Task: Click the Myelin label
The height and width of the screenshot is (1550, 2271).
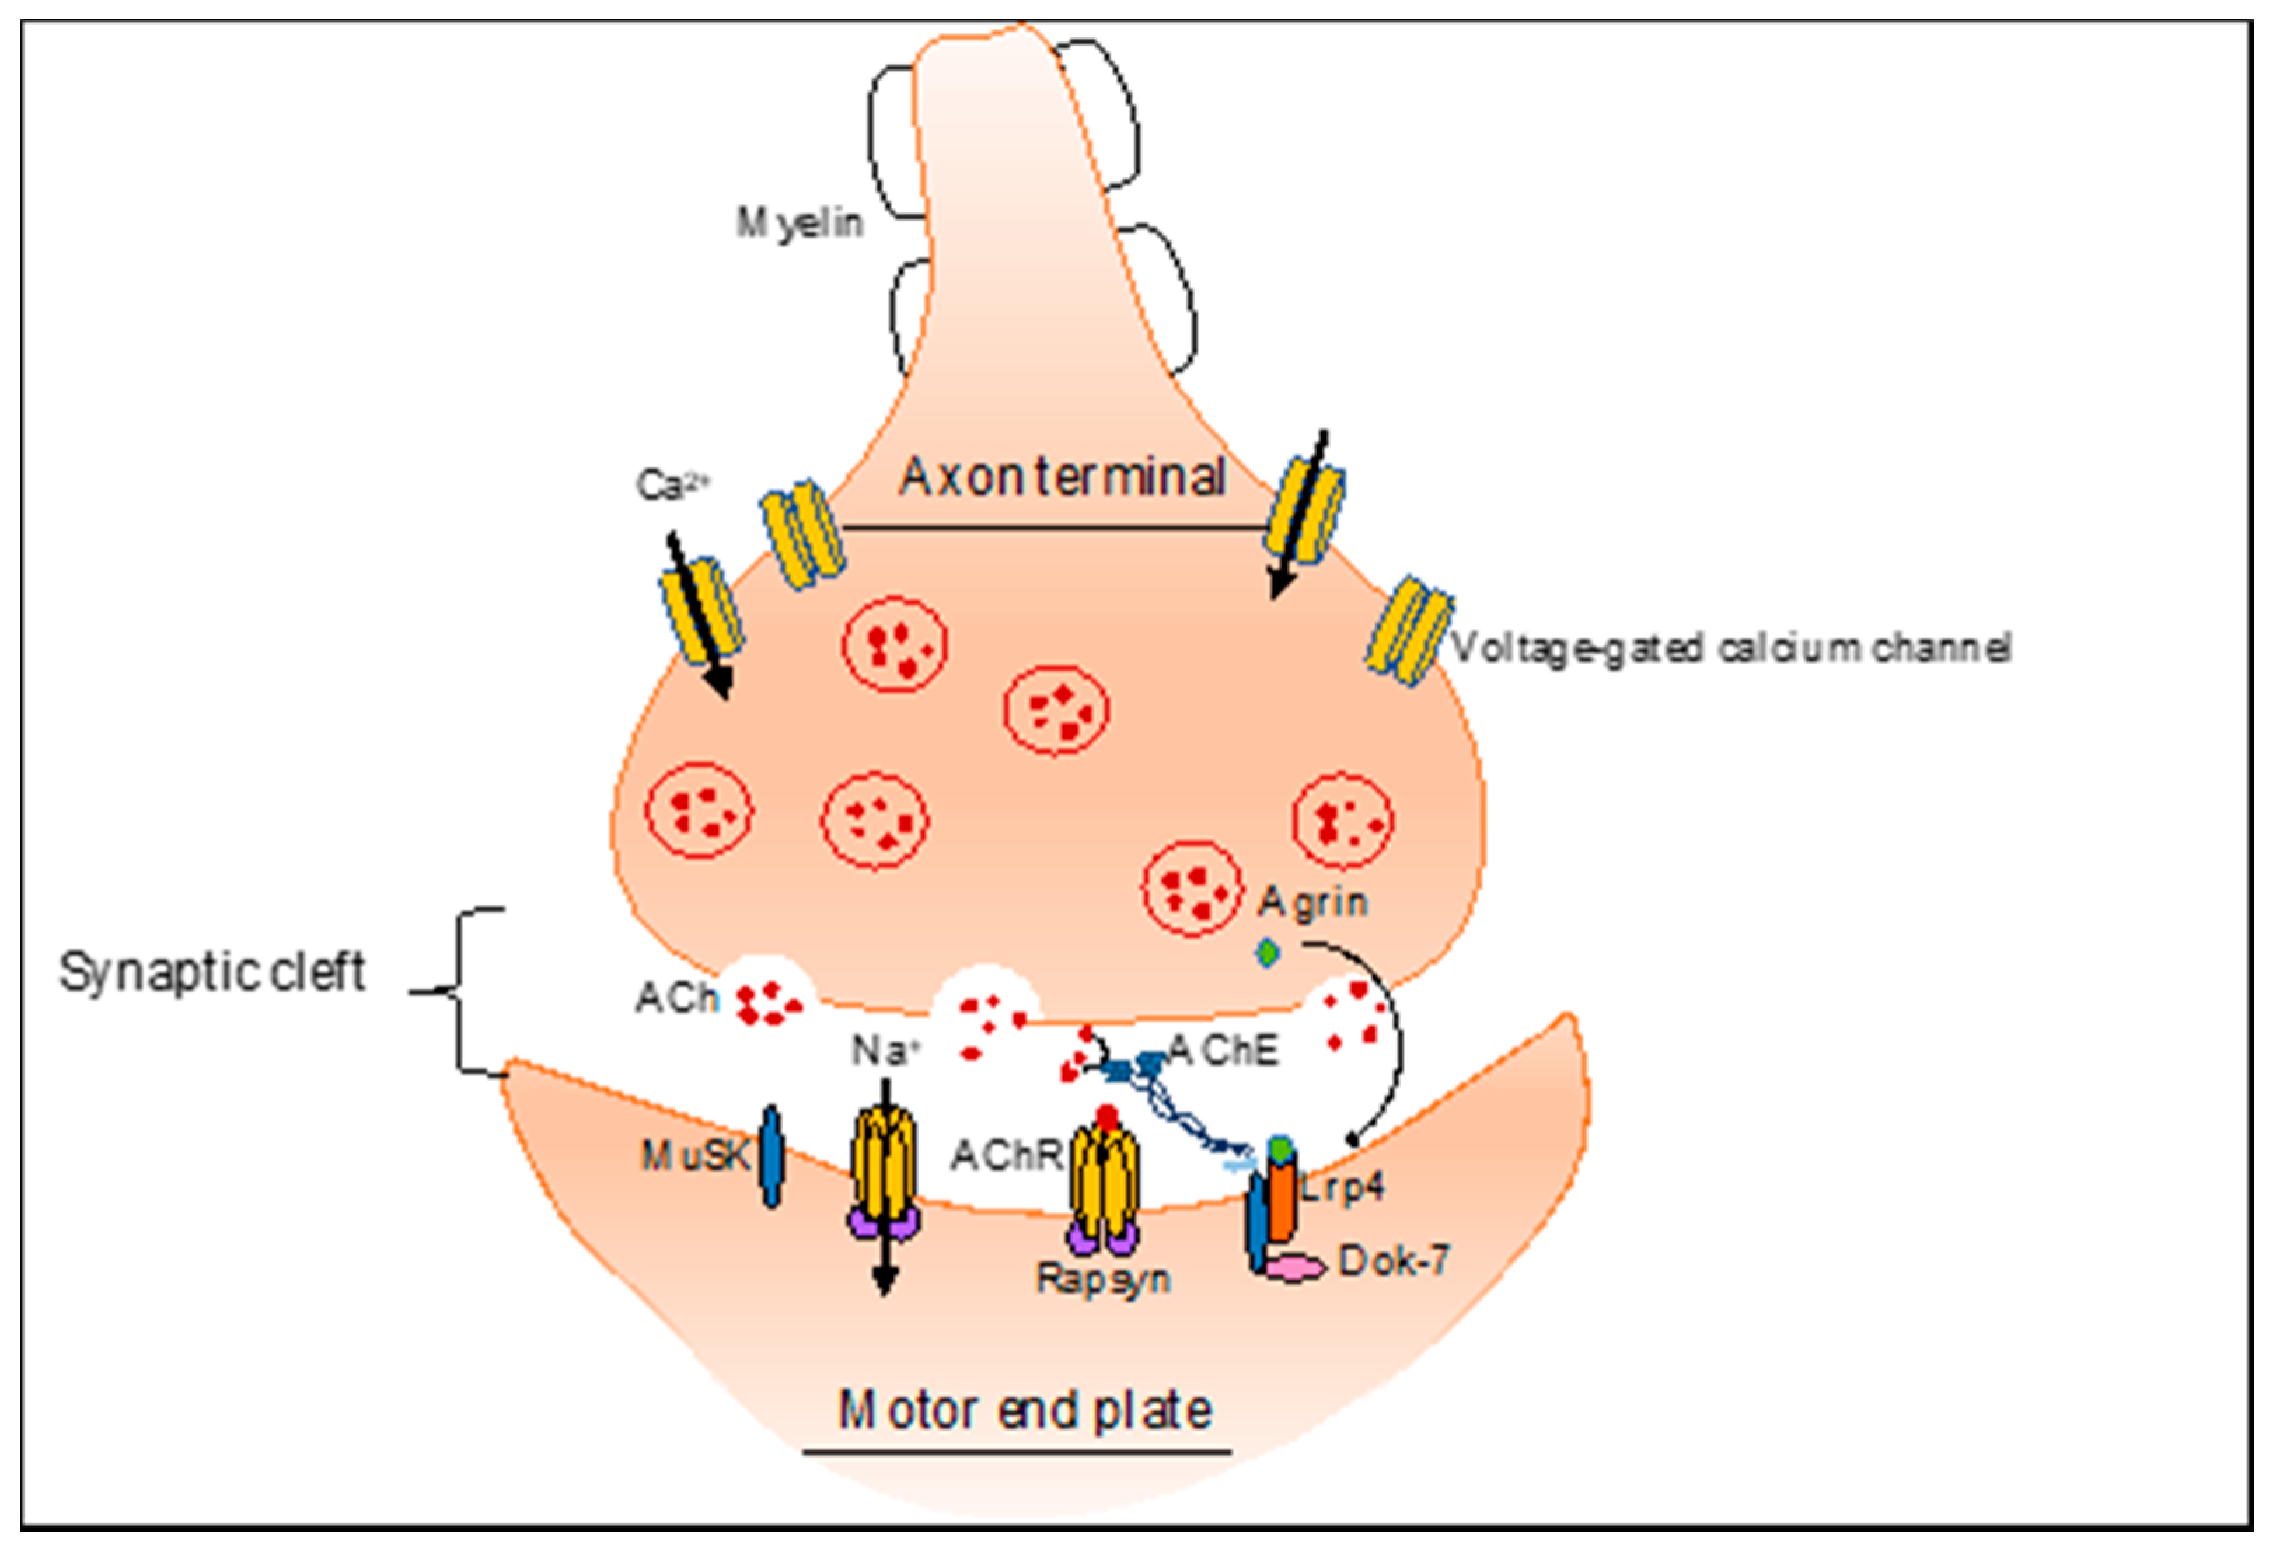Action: (800, 224)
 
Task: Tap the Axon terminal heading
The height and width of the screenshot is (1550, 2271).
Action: (1062, 478)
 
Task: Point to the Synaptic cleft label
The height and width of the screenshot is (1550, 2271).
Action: (212, 973)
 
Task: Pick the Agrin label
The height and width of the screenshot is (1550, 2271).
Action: (1312, 902)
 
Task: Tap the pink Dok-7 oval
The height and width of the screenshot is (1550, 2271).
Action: (1295, 1268)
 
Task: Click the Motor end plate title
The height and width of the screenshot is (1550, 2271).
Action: (1025, 1411)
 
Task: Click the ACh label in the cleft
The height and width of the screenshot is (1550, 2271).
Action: (676, 998)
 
